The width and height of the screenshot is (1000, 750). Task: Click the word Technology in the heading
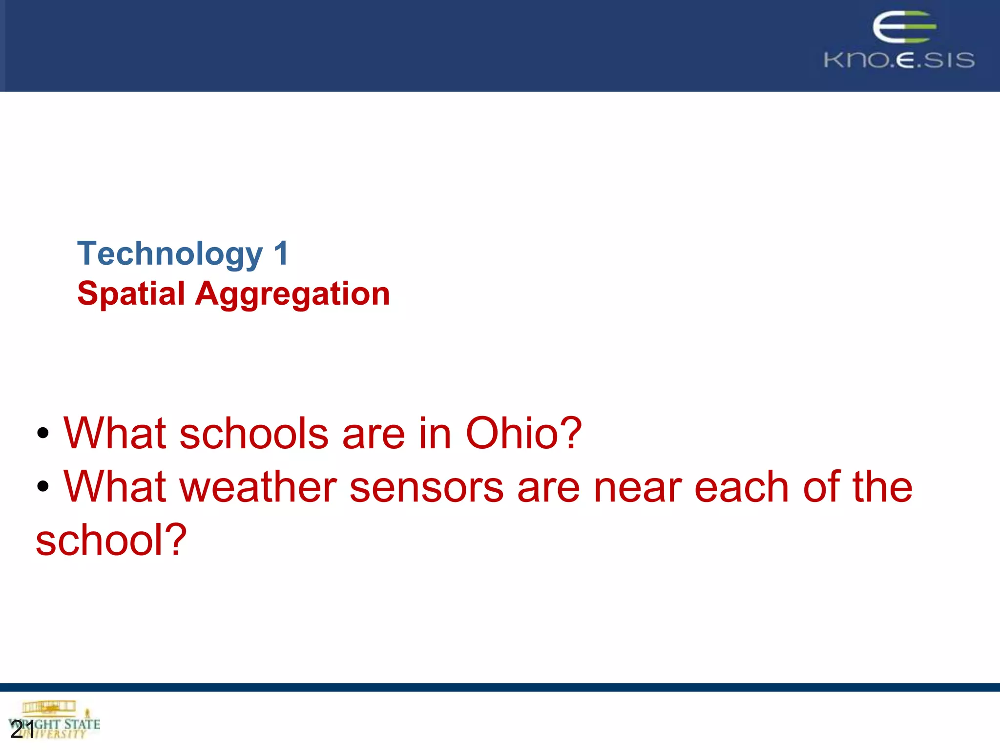click(x=170, y=254)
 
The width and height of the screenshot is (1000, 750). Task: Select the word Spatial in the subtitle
click(x=131, y=294)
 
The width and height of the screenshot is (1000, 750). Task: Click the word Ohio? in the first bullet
click(x=523, y=433)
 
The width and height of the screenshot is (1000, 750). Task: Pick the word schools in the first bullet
click(x=254, y=433)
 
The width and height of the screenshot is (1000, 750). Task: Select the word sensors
click(x=426, y=487)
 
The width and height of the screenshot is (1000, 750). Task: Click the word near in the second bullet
click(x=637, y=487)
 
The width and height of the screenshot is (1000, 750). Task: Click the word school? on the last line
click(x=111, y=540)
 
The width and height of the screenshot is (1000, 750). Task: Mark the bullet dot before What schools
click(x=43, y=433)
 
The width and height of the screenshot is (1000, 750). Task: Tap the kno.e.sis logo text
click(x=899, y=60)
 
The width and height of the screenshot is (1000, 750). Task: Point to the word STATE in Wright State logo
click(x=82, y=724)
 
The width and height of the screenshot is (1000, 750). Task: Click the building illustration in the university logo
click(x=49, y=707)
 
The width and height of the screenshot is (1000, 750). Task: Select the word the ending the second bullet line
click(x=882, y=487)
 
